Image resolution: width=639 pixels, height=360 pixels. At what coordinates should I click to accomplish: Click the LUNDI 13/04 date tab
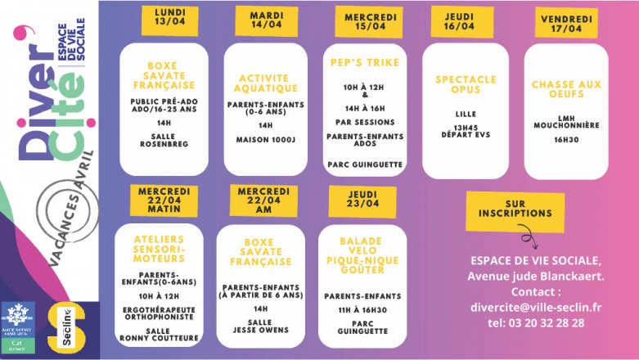(170, 17)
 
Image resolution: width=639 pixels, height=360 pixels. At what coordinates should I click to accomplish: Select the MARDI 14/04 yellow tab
(266, 19)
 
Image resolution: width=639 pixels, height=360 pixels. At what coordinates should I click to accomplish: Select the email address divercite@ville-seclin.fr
(536, 307)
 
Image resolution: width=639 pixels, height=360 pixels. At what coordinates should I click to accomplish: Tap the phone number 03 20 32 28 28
(536, 322)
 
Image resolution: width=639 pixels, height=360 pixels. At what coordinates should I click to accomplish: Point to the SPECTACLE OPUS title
(465, 85)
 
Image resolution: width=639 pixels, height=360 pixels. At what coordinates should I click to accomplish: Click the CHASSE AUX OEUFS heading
(566, 89)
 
